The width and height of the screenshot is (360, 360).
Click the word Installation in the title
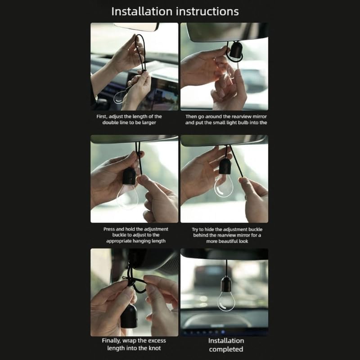pos(142,12)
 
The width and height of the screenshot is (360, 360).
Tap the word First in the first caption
pos(102,117)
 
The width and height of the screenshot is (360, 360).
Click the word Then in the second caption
pos(191,117)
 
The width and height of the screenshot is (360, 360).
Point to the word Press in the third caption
pos(109,229)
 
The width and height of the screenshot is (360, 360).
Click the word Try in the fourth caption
pos(195,229)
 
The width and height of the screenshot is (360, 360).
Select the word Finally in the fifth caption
pos(111,341)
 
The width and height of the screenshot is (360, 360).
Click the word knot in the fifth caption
pos(155,348)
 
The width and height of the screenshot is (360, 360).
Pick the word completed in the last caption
pos(226,350)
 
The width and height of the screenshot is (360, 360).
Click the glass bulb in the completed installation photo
pos(226,301)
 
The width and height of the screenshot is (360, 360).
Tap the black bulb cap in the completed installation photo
pos(226,284)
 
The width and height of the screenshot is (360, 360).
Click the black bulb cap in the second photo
pos(236,49)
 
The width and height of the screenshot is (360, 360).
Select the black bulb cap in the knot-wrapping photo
pos(129,316)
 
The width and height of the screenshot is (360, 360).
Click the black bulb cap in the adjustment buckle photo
pos(129,176)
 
